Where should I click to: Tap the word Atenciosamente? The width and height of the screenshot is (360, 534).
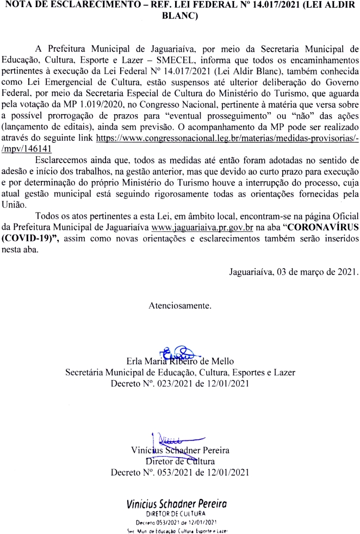click(x=180, y=306)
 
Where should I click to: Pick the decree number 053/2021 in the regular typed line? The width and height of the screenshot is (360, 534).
click(x=174, y=472)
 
